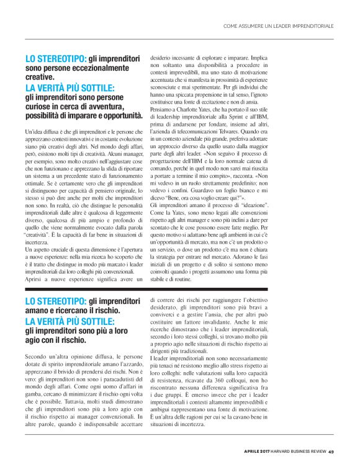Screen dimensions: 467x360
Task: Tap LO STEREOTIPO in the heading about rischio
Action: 55,301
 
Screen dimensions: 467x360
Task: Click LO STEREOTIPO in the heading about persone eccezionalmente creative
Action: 55,58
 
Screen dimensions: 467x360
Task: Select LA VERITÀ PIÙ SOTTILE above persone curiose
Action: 70,87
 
